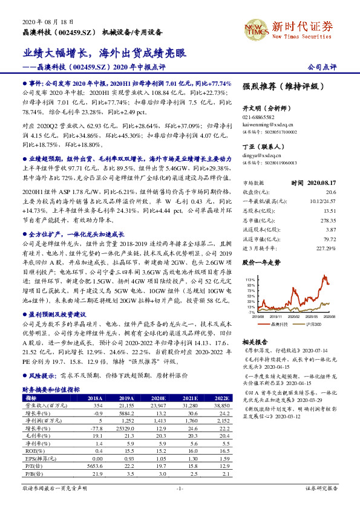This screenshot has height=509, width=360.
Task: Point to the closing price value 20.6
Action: tap(330, 190)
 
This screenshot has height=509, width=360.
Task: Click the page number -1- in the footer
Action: tap(179, 487)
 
